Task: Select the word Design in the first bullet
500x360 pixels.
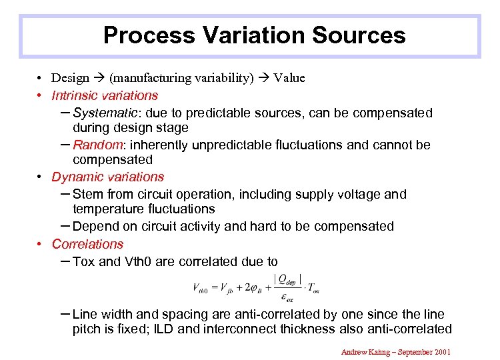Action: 70,78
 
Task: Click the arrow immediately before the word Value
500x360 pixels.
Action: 264,78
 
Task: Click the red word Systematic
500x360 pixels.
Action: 102,113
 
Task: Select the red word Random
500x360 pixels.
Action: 95,145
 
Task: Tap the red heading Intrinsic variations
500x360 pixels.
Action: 105,95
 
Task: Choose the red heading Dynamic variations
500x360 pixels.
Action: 107,177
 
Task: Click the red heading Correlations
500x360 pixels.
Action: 87,244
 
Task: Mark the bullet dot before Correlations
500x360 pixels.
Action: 40,244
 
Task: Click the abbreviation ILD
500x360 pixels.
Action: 172,329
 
